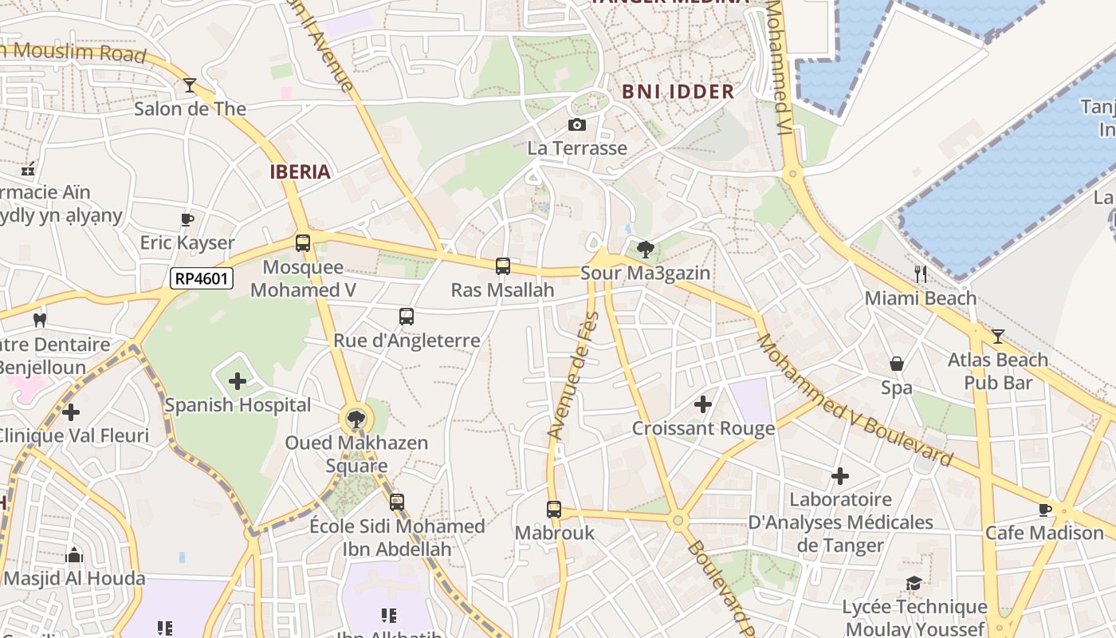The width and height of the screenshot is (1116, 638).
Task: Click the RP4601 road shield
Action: [x=202, y=278]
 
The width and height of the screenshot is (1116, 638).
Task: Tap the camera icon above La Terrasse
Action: [x=577, y=124]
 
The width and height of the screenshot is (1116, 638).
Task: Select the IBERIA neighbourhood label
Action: [x=300, y=171]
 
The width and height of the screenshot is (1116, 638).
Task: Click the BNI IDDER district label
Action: [x=678, y=92]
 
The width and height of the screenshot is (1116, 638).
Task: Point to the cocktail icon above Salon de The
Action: [x=190, y=85]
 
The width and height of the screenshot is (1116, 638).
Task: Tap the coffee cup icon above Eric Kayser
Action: [x=187, y=219]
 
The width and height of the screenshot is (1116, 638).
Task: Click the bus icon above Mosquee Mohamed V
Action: [x=303, y=243]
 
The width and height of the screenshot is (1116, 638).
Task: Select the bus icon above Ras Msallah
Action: [x=503, y=266]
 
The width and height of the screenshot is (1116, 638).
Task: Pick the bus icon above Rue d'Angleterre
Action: [x=407, y=317]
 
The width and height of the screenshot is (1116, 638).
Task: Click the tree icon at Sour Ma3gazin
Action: [x=646, y=250]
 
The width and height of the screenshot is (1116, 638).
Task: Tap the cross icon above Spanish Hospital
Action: [x=238, y=381]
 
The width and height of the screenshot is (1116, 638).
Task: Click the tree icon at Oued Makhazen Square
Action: [x=356, y=419]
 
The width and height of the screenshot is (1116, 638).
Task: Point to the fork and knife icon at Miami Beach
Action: [x=921, y=274]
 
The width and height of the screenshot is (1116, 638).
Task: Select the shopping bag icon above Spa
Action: [x=897, y=364]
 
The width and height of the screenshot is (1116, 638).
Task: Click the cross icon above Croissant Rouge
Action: [x=703, y=404]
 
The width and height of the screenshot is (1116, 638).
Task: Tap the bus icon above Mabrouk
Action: [x=554, y=509]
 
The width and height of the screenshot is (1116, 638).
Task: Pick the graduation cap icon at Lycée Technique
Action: [x=914, y=584]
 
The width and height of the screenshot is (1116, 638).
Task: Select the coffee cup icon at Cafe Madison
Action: [x=1045, y=509]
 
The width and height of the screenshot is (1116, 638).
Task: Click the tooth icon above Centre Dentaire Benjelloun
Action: [x=39, y=321]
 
